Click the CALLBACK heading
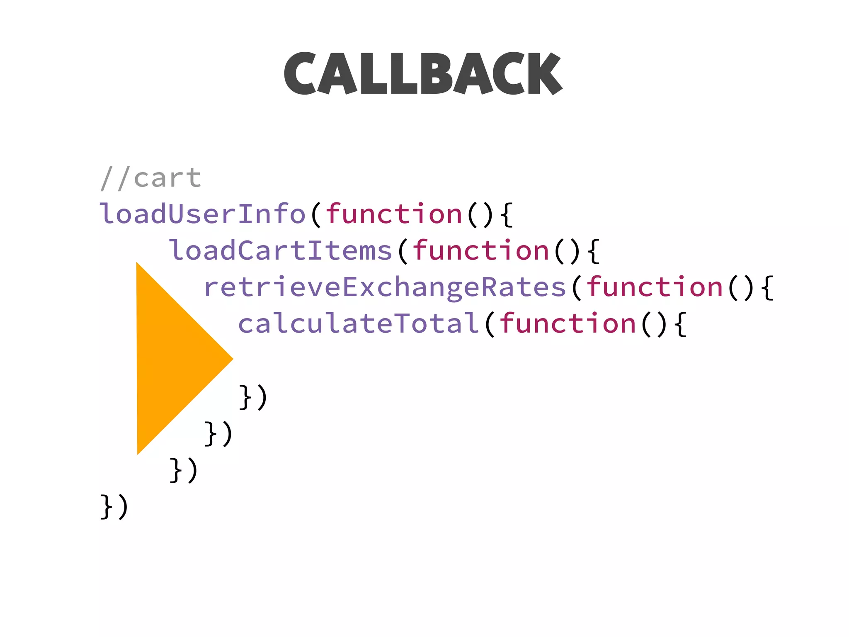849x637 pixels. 423,73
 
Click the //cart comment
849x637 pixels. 151,178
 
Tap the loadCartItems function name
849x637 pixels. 281,250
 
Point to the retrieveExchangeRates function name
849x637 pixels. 385,287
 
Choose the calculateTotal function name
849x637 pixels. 359,323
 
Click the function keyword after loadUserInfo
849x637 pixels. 394,214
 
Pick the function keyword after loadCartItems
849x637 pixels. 481,250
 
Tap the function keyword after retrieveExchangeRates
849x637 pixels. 655,287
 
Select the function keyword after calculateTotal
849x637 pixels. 568,323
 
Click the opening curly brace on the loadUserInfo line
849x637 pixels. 507,215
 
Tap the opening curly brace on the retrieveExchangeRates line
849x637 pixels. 767,288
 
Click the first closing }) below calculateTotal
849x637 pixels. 253,397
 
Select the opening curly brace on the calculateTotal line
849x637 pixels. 680,324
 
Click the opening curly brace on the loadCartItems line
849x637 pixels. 594,251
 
